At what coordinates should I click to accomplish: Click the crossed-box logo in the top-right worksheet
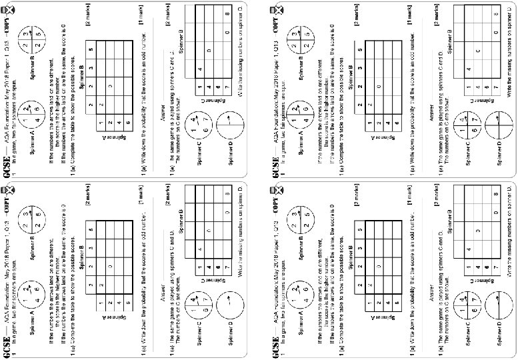point(273,11)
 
